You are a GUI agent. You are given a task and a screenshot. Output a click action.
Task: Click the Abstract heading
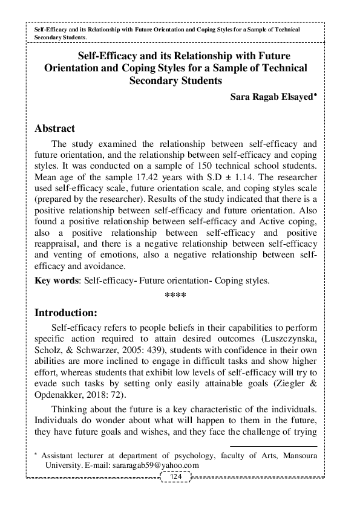pyautogui.click(x=55, y=129)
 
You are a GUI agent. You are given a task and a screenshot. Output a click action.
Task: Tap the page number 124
pyautogui.click(x=177, y=477)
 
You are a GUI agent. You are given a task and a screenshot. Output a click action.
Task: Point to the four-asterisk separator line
pyautogui.click(x=175, y=296)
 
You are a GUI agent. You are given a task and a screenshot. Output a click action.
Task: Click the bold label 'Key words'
pyautogui.click(x=53, y=280)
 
